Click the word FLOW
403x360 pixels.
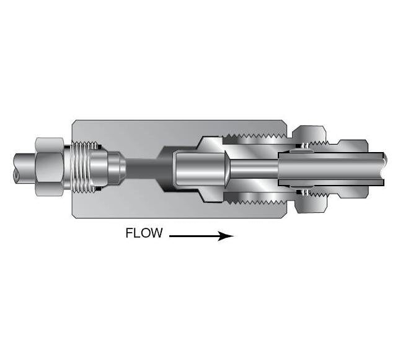pos(144,233)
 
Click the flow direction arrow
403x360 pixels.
pos(201,236)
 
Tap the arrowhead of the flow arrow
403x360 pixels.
pos(228,236)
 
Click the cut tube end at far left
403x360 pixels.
pos(15,168)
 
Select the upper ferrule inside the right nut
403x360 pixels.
pos(305,146)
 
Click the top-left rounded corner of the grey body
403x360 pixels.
pos(75,122)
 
